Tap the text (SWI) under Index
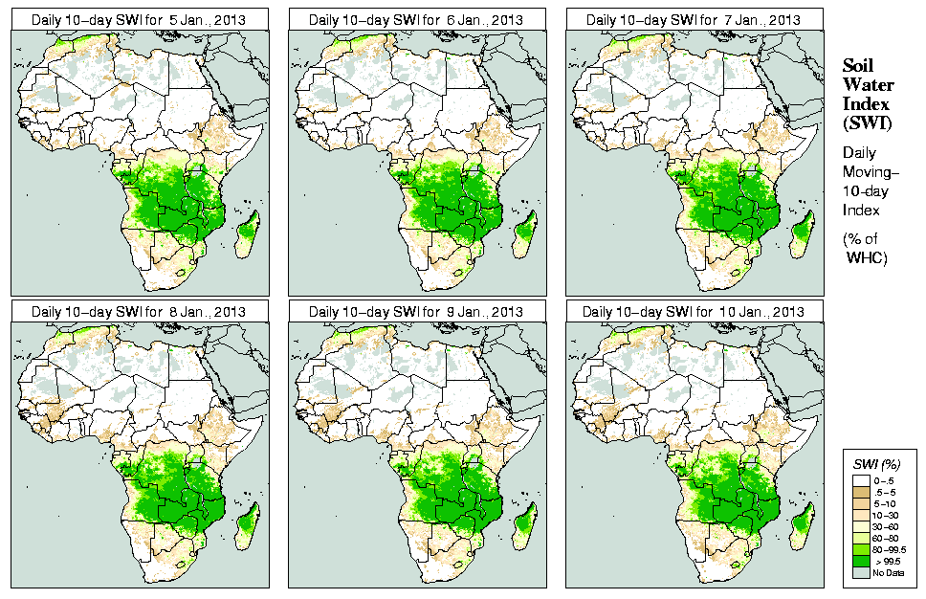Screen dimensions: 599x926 (x=865, y=122)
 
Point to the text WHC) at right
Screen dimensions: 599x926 (x=868, y=257)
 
